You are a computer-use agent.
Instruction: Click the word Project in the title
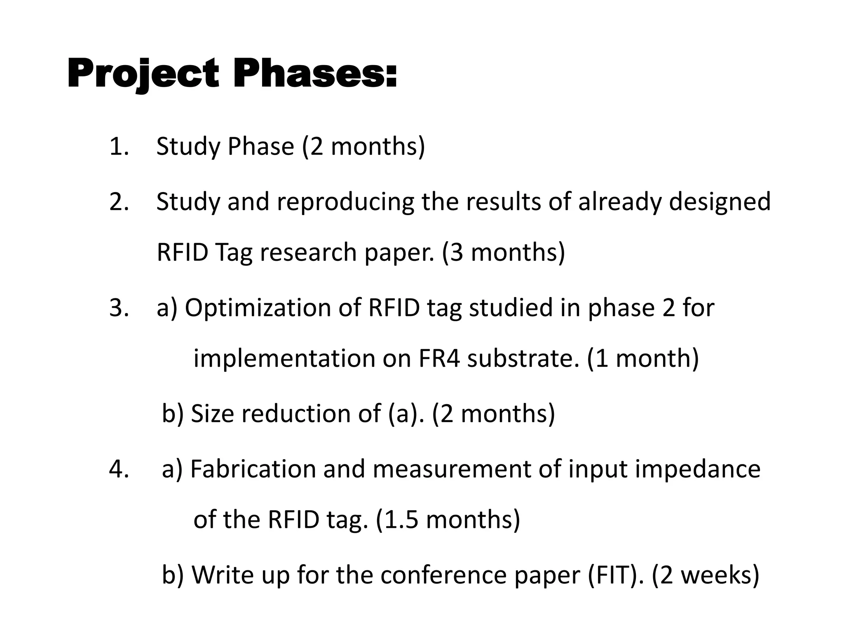pyautogui.click(x=143, y=74)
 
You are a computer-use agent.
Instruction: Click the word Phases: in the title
pyautogui.click(x=315, y=74)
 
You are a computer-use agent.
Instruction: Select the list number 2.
pyautogui.click(x=119, y=202)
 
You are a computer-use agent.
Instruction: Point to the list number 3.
pyautogui.click(x=119, y=307)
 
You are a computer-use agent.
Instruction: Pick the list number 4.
pyautogui.click(x=119, y=469)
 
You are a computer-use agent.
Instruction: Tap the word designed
pyautogui.click(x=720, y=202)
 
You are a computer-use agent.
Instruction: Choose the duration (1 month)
pyautogui.click(x=642, y=358)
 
